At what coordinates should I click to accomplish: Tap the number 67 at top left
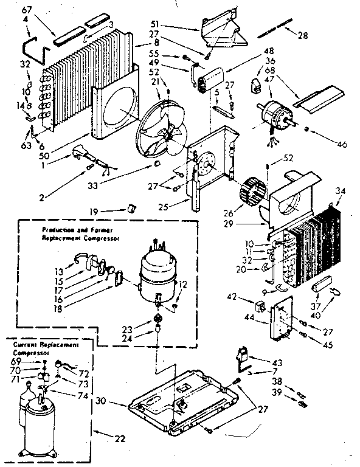(x=26, y=11)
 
